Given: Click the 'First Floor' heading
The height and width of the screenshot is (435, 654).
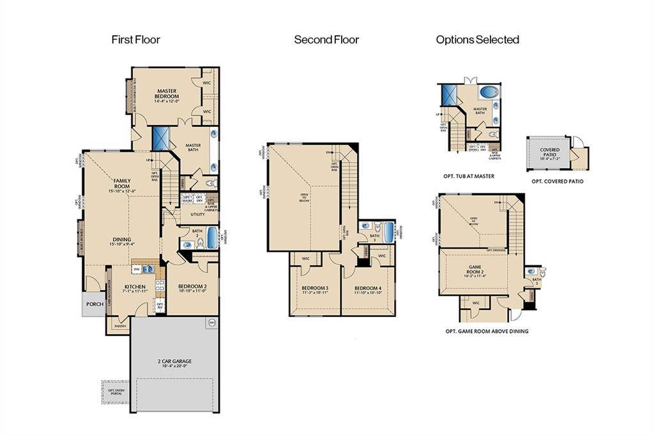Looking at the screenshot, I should tap(135, 40).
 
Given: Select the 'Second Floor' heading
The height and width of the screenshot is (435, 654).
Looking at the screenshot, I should tap(326, 40).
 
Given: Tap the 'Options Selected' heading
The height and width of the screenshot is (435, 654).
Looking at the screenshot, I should tap(477, 40).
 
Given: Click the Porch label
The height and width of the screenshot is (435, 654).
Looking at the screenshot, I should tap(95, 304).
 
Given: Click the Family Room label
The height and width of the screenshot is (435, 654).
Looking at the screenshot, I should tap(122, 183).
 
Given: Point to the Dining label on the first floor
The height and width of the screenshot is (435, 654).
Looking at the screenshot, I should tap(122, 240).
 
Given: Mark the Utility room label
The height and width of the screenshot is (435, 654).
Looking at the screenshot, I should tap(197, 214).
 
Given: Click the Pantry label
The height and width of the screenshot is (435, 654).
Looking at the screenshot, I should tap(120, 326).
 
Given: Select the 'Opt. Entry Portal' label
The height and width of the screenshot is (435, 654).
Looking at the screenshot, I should tap(116, 392).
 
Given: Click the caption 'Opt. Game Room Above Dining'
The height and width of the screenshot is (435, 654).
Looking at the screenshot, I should tap(487, 331).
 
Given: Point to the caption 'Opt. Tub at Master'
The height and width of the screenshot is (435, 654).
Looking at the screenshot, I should tap(469, 175).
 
